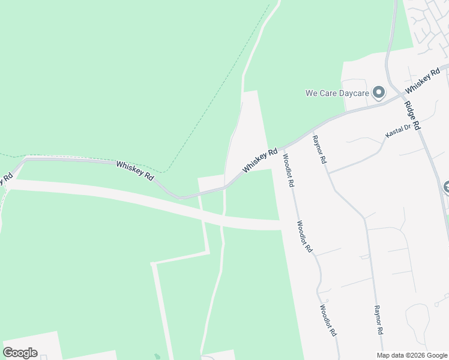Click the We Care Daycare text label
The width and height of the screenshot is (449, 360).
(336, 93)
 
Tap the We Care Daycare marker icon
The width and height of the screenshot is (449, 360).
(379, 92)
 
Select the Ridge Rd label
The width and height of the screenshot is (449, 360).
(412, 116)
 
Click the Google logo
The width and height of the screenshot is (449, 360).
(20, 352)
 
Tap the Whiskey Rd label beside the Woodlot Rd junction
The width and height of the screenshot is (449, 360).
(261, 161)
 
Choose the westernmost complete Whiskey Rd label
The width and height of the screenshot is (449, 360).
(135, 171)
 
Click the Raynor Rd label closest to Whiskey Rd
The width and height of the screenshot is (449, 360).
(319, 149)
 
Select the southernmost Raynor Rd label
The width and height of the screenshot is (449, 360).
(379, 320)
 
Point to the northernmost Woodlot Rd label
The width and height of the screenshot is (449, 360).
(288, 171)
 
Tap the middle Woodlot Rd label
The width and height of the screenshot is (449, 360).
(305, 236)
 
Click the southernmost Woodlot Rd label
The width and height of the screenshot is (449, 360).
(328, 320)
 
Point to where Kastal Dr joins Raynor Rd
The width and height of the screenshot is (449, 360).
(329, 172)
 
